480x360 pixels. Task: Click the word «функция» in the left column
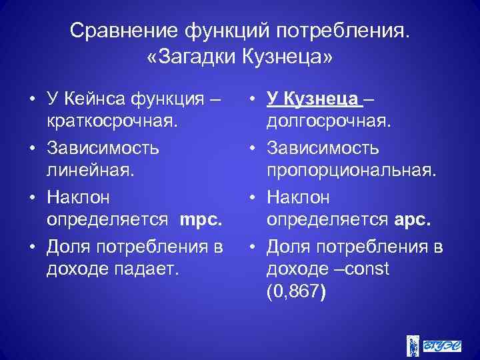(171, 99)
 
